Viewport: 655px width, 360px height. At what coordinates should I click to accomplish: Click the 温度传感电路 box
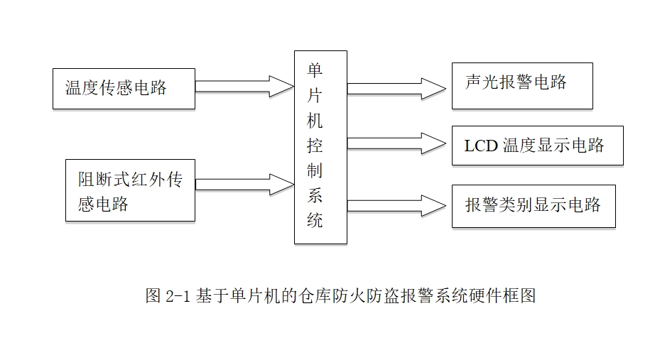click(x=124, y=89)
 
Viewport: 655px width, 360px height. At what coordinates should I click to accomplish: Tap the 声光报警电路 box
click(x=521, y=85)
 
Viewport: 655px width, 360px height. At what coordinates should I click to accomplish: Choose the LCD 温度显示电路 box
click(x=537, y=146)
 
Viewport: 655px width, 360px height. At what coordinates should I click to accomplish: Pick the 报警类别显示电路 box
click(x=533, y=206)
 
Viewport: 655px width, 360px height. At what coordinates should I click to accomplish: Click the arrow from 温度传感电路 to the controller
click(x=244, y=86)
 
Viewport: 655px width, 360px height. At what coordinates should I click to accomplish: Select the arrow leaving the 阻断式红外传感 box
click(x=244, y=184)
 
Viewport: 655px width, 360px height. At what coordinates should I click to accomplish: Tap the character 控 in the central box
click(x=315, y=146)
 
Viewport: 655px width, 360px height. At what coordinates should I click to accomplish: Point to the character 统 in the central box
click(x=315, y=220)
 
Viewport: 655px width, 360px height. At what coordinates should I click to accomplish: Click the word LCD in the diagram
click(x=481, y=146)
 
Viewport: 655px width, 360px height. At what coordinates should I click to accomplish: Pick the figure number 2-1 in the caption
click(x=178, y=297)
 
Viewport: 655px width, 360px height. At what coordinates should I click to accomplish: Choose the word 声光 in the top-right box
click(x=481, y=82)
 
